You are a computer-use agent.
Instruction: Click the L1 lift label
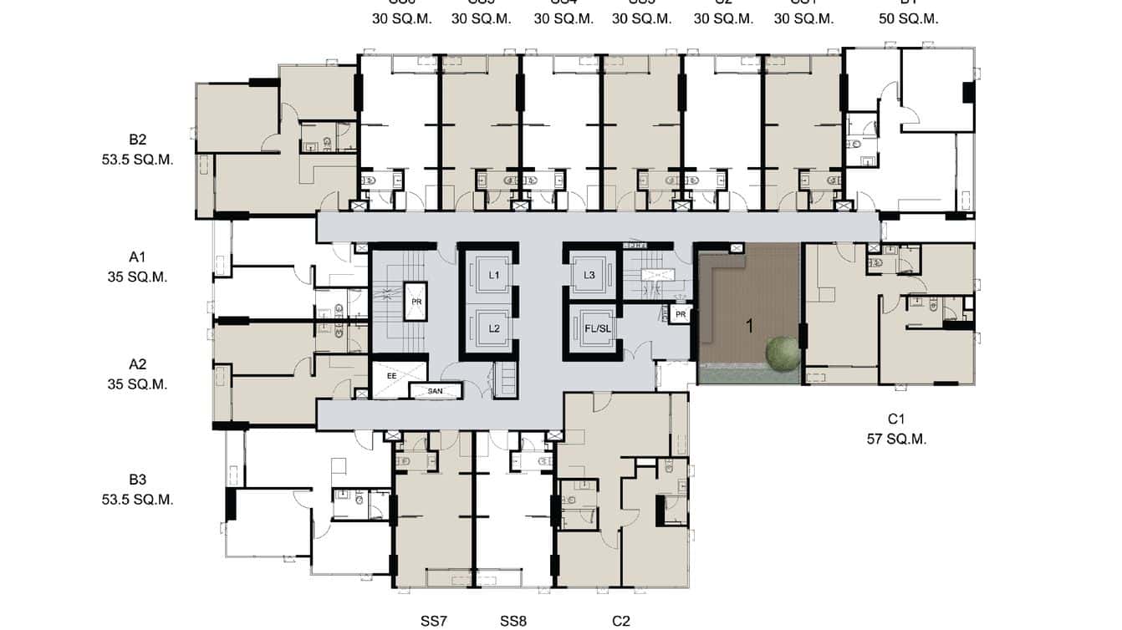point(494,275)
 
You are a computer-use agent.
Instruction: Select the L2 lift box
point(494,328)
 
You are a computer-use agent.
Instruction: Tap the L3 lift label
point(589,275)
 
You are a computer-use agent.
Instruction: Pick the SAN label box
point(435,390)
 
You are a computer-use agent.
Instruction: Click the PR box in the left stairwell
point(416,301)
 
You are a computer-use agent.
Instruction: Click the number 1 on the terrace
point(750,326)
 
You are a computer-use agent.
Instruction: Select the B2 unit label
point(138,140)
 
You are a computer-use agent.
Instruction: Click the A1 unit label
point(138,257)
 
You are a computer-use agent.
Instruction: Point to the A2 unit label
point(138,364)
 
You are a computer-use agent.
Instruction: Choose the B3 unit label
point(138,480)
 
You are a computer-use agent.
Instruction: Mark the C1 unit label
point(897,419)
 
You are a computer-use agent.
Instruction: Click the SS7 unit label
point(434,621)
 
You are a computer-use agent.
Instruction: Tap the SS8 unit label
point(513,621)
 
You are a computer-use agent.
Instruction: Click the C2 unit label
point(620,621)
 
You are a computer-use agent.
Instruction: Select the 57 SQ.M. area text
point(897,439)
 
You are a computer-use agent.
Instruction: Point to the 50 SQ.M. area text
point(908,18)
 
